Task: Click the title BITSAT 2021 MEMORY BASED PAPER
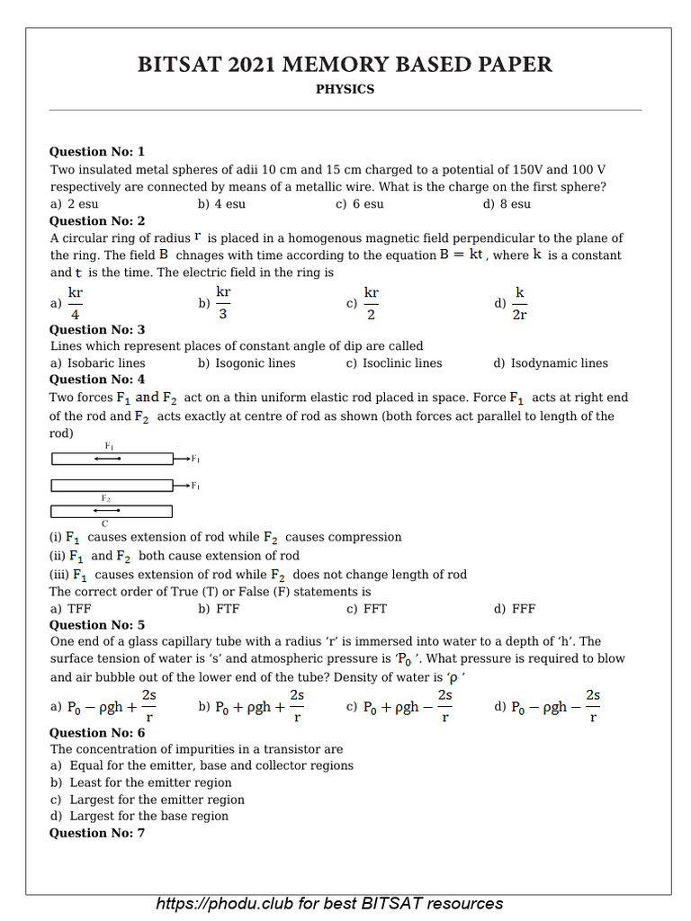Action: pyautogui.click(x=345, y=65)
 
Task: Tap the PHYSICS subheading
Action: pyautogui.click(x=345, y=89)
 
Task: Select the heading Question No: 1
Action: pyautogui.click(x=96, y=151)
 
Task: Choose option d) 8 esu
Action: pyautogui.click(x=507, y=204)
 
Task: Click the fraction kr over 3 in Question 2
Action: pyautogui.click(x=223, y=303)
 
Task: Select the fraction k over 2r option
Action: pyautogui.click(x=519, y=303)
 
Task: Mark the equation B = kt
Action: pyautogui.click(x=462, y=255)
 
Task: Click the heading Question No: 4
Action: pyautogui.click(x=96, y=380)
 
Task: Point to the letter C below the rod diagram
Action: pyautogui.click(x=105, y=523)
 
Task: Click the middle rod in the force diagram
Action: pyautogui.click(x=112, y=486)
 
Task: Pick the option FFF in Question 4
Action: pyautogui.click(x=515, y=609)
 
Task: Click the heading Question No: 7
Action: pyautogui.click(x=96, y=833)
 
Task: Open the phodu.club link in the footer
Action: pyautogui.click(x=329, y=903)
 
